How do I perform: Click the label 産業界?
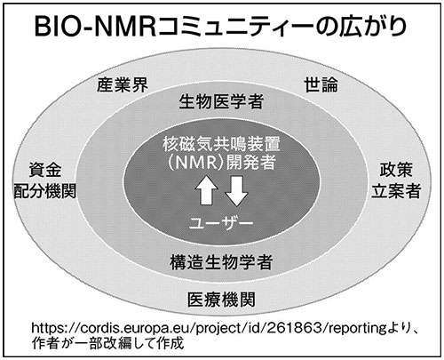[x=123, y=85]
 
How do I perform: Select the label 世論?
[x=321, y=84]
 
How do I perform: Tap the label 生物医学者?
[x=221, y=101]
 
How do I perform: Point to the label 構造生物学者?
[x=221, y=262]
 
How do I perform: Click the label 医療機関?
[x=221, y=300]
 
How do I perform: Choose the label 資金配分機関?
[x=45, y=180]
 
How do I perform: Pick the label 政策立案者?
[x=396, y=180]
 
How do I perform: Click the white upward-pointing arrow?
[x=206, y=190]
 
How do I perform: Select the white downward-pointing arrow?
[x=236, y=191]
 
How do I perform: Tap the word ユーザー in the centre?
[x=221, y=223]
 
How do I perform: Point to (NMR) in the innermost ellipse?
[x=196, y=162]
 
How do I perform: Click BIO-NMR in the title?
[x=95, y=27]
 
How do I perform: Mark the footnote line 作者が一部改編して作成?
[x=108, y=343]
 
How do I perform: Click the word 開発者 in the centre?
[x=251, y=162]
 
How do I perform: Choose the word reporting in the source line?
[x=357, y=328]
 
